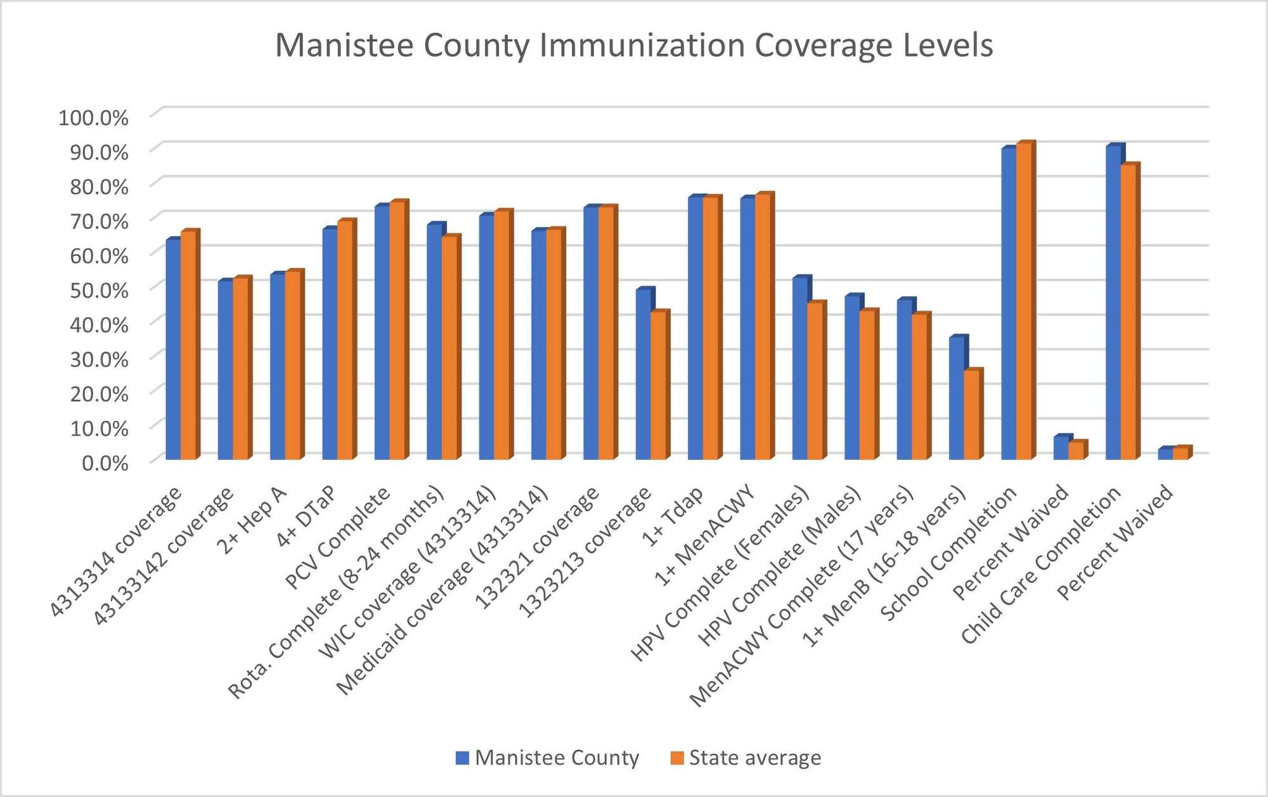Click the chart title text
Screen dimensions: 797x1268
(x=634, y=46)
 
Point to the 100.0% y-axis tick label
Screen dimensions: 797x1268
(x=93, y=118)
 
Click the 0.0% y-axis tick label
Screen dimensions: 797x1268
(x=105, y=463)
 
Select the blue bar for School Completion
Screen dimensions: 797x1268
(x=1008, y=304)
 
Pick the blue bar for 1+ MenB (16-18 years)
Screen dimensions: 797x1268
(x=956, y=399)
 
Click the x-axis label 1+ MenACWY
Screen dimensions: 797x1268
(x=704, y=536)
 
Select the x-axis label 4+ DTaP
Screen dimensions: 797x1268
(x=306, y=517)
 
